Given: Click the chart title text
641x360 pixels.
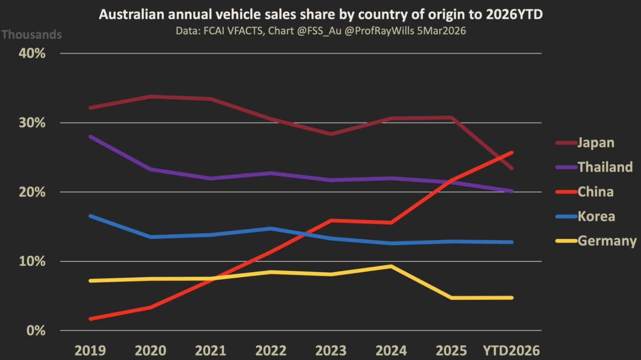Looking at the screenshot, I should [320, 15].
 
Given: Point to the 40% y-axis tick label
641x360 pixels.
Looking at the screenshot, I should [32, 54].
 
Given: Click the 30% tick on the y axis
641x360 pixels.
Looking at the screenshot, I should [32, 123].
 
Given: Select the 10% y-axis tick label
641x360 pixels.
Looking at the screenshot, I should [32, 262].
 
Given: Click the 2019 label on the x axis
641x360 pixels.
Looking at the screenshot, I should [90, 351].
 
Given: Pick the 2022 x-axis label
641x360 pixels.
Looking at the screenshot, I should [271, 351].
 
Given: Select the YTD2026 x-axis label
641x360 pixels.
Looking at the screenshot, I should [511, 351].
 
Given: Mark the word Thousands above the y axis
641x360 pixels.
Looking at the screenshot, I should [32, 34].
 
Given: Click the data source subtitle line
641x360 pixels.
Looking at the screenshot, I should [320, 31].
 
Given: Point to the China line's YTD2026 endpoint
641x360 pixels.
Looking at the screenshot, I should [511, 153].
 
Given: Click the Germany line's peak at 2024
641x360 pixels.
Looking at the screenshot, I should [391, 266].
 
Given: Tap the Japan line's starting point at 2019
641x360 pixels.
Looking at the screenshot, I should [91, 108].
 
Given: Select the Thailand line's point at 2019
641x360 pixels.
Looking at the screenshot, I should [91, 136].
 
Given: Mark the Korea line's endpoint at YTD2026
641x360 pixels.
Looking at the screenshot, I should [511, 242].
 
